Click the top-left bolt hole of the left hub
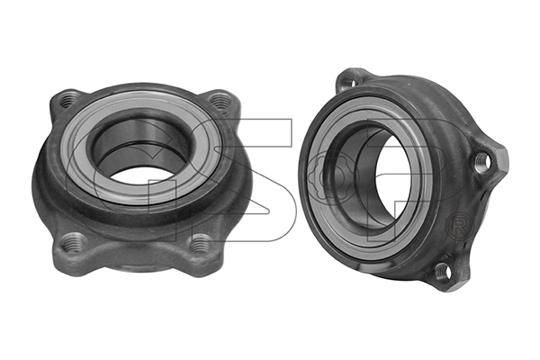pos(67,99)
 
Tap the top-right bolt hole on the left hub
pos(220,100)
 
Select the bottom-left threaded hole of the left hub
pos(74,240)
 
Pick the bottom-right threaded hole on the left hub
pos(200,243)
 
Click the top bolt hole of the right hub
pos(347,83)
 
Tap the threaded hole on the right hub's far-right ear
pos(482,162)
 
